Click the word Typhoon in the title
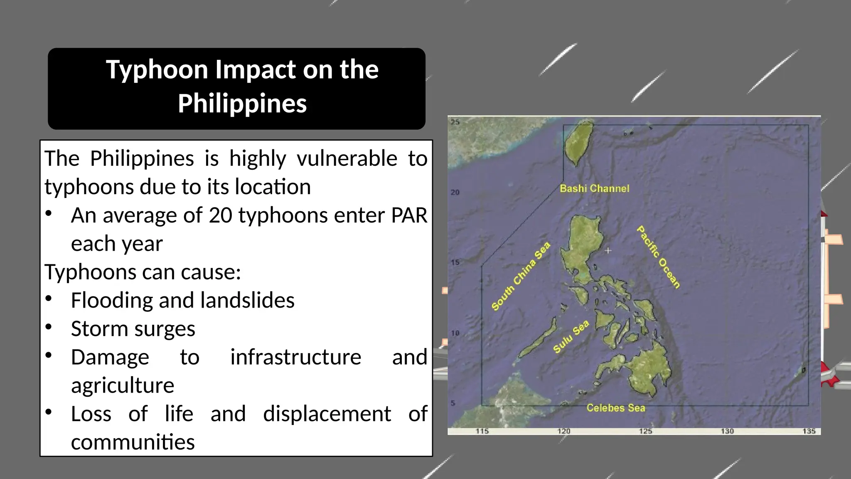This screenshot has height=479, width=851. pyautogui.click(x=157, y=70)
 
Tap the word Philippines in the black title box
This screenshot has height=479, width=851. pyautogui.click(x=242, y=104)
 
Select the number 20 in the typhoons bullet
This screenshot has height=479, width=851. pyautogui.click(x=220, y=215)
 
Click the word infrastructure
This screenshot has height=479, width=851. pyautogui.click(x=295, y=357)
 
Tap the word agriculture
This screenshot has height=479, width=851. pyautogui.click(x=123, y=385)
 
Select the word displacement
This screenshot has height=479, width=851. pyautogui.click(x=327, y=414)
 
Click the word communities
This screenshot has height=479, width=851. pyautogui.click(x=133, y=442)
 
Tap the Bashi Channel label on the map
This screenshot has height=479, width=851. pyautogui.click(x=594, y=189)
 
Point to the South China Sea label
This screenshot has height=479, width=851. pyautogui.click(x=521, y=276)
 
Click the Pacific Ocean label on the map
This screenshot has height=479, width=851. pyautogui.click(x=659, y=257)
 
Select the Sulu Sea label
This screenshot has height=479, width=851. pyautogui.click(x=571, y=336)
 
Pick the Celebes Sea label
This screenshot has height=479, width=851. pyautogui.click(x=616, y=408)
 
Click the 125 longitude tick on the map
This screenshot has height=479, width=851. pyautogui.click(x=645, y=431)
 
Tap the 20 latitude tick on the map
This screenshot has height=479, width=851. pyautogui.click(x=455, y=193)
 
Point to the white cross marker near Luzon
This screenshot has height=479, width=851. pyautogui.click(x=608, y=250)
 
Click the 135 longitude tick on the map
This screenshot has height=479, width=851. pyautogui.click(x=809, y=431)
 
